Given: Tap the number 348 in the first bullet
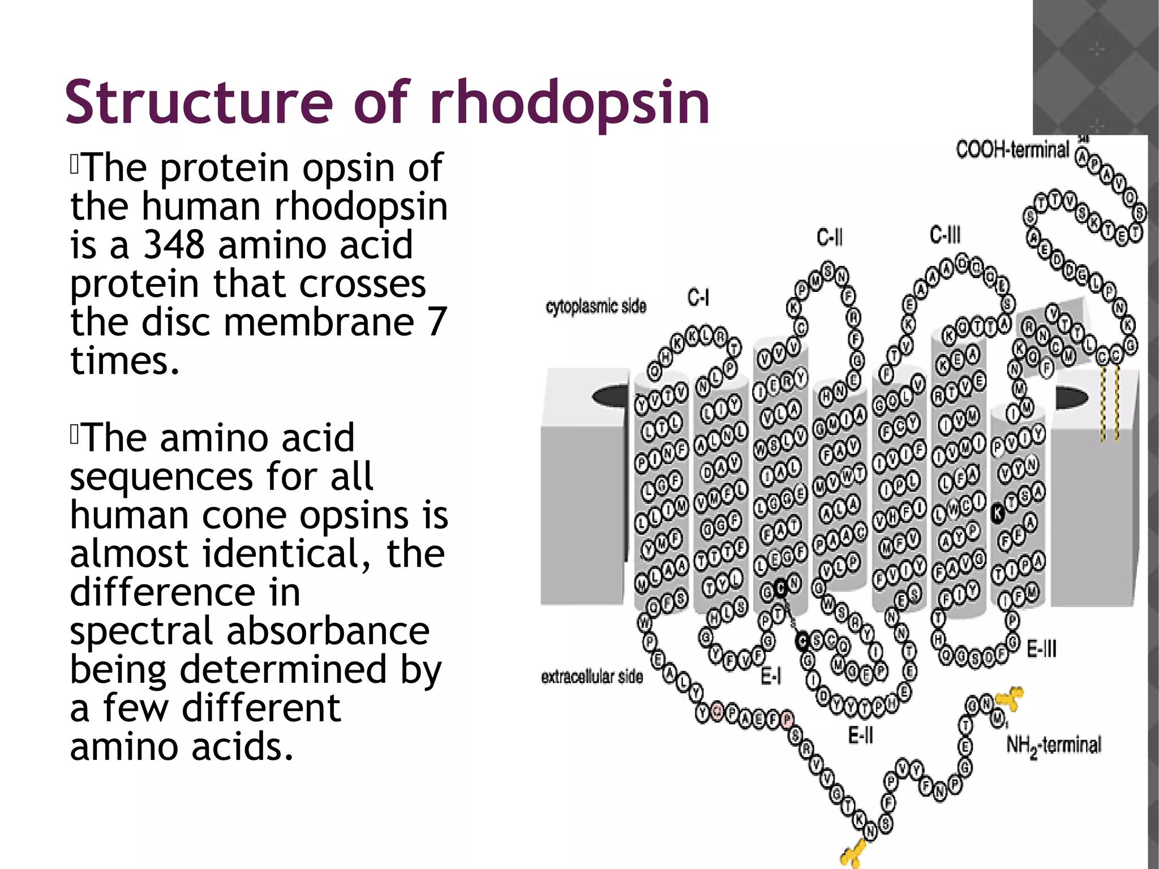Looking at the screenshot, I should (174, 244).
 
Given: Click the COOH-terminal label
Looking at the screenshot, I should (1012, 150).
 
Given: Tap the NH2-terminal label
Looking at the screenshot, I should (1054, 745).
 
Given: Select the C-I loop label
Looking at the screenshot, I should (698, 297).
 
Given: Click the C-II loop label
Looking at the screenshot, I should (829, 237).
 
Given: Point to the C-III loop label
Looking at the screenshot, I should (945, 234).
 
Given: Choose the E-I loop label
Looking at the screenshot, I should (770, 676).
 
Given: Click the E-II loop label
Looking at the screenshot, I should (860, 735).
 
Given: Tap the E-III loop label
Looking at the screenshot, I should (1041, 649).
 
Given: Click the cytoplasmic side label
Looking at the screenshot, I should (596, 307).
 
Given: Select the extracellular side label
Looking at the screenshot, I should (592, 677).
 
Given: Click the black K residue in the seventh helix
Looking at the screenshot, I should (997, 513).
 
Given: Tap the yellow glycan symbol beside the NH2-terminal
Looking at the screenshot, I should (1011, 699).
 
